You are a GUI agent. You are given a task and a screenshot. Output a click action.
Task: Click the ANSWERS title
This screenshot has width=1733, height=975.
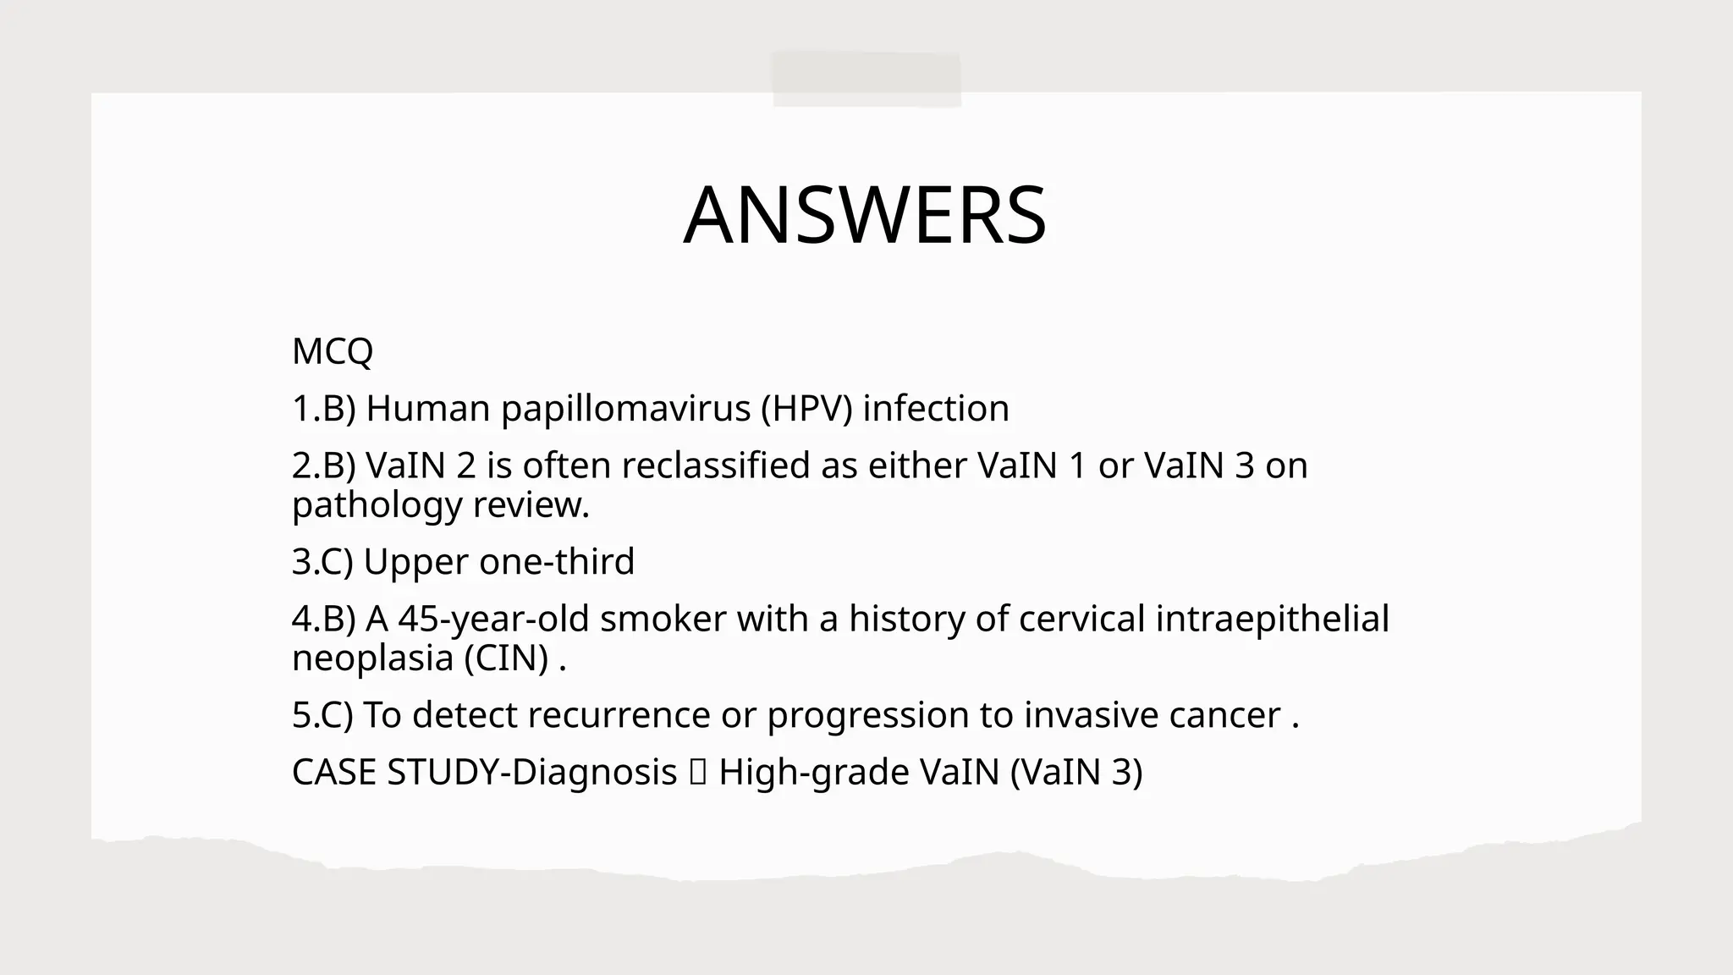pyautogui.click(x=865, y=216)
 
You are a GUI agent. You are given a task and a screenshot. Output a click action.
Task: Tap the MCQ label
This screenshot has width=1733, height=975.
pyautogui.click(x=332, y=351)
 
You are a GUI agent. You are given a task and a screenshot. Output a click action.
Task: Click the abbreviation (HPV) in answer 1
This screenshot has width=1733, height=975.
pyautogui.click(x=806, y=409)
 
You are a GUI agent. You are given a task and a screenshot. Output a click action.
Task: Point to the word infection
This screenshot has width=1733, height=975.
pyautogui.click(x=936, y=409)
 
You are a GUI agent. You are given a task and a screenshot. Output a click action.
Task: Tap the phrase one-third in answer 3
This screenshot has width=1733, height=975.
pyautogui.click(x=556, y=562)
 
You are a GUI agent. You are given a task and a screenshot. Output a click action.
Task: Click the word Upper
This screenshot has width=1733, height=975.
pyautogui.click(x=415, y=563)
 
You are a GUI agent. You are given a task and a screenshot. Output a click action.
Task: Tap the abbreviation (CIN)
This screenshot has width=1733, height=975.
pyautogui.click(x=506, y=658)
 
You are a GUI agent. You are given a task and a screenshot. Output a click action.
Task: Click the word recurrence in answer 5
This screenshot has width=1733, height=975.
pyautogui.click(x=619, y=715)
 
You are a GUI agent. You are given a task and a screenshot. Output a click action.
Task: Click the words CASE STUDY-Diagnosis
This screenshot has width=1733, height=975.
pyautogui.click(x=484, y=773)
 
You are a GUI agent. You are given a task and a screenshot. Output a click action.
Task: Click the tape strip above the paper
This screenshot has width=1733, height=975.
pyautogui.click(x=866, y=80)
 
